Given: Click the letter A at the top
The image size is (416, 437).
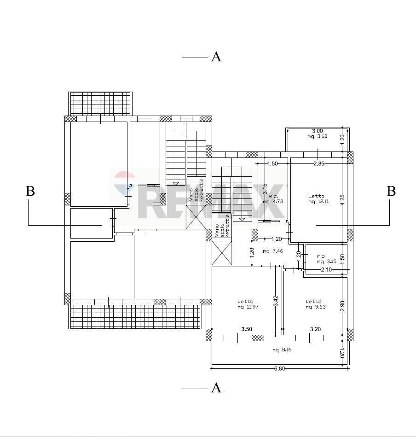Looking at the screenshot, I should click(216, 57).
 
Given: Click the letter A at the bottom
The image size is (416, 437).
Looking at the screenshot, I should click(216, 388).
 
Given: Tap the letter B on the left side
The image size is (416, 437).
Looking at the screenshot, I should click(30, 191).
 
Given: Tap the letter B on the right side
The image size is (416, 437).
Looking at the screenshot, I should click(391, 191).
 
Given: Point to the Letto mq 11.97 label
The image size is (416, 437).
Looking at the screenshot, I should click(246, 304).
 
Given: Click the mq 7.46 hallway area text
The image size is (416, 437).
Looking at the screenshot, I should click(272, 251).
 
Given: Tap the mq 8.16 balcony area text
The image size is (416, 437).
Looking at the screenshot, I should click(282, 350).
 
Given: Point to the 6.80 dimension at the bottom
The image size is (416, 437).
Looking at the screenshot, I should click(279, 369).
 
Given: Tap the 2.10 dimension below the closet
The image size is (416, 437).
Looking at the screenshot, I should click(326, 270).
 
